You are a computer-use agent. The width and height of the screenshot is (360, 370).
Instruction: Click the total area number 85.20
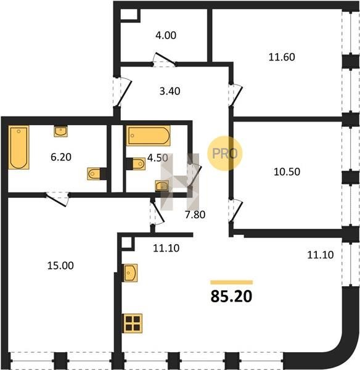231,296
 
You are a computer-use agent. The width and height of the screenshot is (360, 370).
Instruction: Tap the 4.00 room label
166,35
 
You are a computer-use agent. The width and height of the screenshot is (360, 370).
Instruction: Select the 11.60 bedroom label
282,57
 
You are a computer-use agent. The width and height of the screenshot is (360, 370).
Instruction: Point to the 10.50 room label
287,171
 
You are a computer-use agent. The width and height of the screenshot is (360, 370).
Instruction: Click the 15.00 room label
60,265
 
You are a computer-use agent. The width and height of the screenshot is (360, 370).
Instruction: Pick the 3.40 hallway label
170,91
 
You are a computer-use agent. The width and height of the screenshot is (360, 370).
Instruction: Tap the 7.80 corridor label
195,215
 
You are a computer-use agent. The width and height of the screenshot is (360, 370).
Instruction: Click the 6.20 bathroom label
61,157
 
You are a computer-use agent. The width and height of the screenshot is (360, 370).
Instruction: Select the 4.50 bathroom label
158,158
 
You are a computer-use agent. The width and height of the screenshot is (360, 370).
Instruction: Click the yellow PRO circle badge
225,153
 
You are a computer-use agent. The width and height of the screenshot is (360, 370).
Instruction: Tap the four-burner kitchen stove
133,323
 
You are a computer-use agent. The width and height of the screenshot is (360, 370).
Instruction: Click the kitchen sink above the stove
131,273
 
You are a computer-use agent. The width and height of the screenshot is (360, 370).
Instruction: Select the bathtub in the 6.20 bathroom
19,147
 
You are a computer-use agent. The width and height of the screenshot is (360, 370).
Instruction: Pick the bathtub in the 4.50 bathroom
149,136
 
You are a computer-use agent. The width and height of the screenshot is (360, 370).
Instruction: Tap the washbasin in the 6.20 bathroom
61,131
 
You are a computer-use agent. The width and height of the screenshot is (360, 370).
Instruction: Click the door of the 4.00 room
164,59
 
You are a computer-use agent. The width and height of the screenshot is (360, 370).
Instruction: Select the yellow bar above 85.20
231,282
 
